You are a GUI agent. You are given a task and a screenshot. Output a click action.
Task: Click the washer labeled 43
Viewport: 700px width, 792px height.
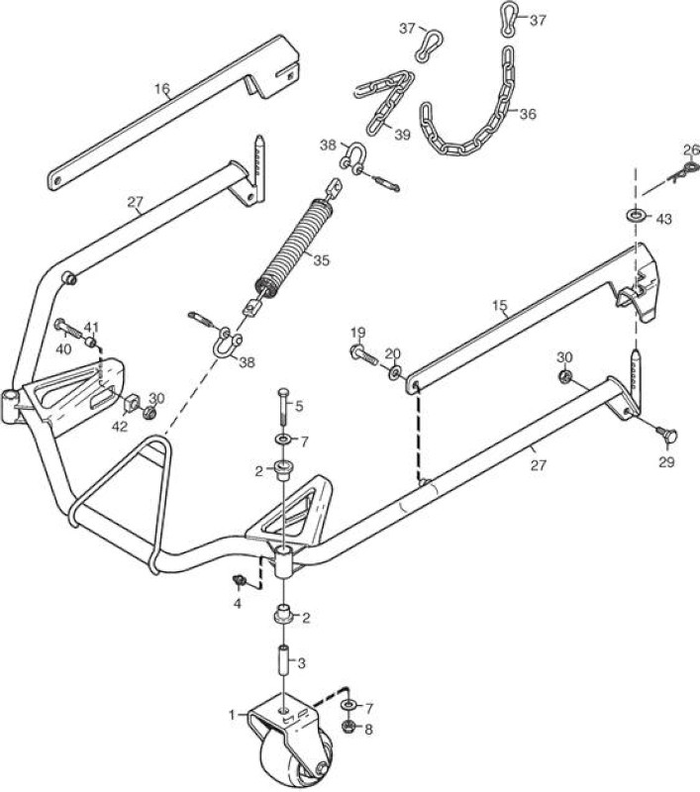coord(635,216)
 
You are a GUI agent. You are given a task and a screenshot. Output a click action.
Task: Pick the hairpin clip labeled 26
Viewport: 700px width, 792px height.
coord(684,170)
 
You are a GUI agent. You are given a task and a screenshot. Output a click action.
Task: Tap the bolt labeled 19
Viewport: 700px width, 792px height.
coord(362,355)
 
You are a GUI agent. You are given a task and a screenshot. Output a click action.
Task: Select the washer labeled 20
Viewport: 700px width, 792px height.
coord(394,373)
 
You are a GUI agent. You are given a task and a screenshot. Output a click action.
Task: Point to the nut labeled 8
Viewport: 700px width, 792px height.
coord(349,728)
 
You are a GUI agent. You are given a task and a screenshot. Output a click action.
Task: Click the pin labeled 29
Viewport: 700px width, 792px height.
coord(665,435)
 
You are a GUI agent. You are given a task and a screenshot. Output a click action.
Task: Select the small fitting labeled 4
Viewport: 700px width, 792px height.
coord(239,581)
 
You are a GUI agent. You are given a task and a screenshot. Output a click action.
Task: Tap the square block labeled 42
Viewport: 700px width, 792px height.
coord(132,403)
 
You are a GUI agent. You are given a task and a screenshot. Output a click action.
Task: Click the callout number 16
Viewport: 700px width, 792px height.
coord(161,89)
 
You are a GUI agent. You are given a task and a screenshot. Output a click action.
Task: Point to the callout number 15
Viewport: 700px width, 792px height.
coord(499,305)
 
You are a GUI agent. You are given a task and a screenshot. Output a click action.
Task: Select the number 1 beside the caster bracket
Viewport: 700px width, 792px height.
coord(232,715)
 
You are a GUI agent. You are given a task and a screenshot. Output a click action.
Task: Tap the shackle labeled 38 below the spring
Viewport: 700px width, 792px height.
coord(222,339)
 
